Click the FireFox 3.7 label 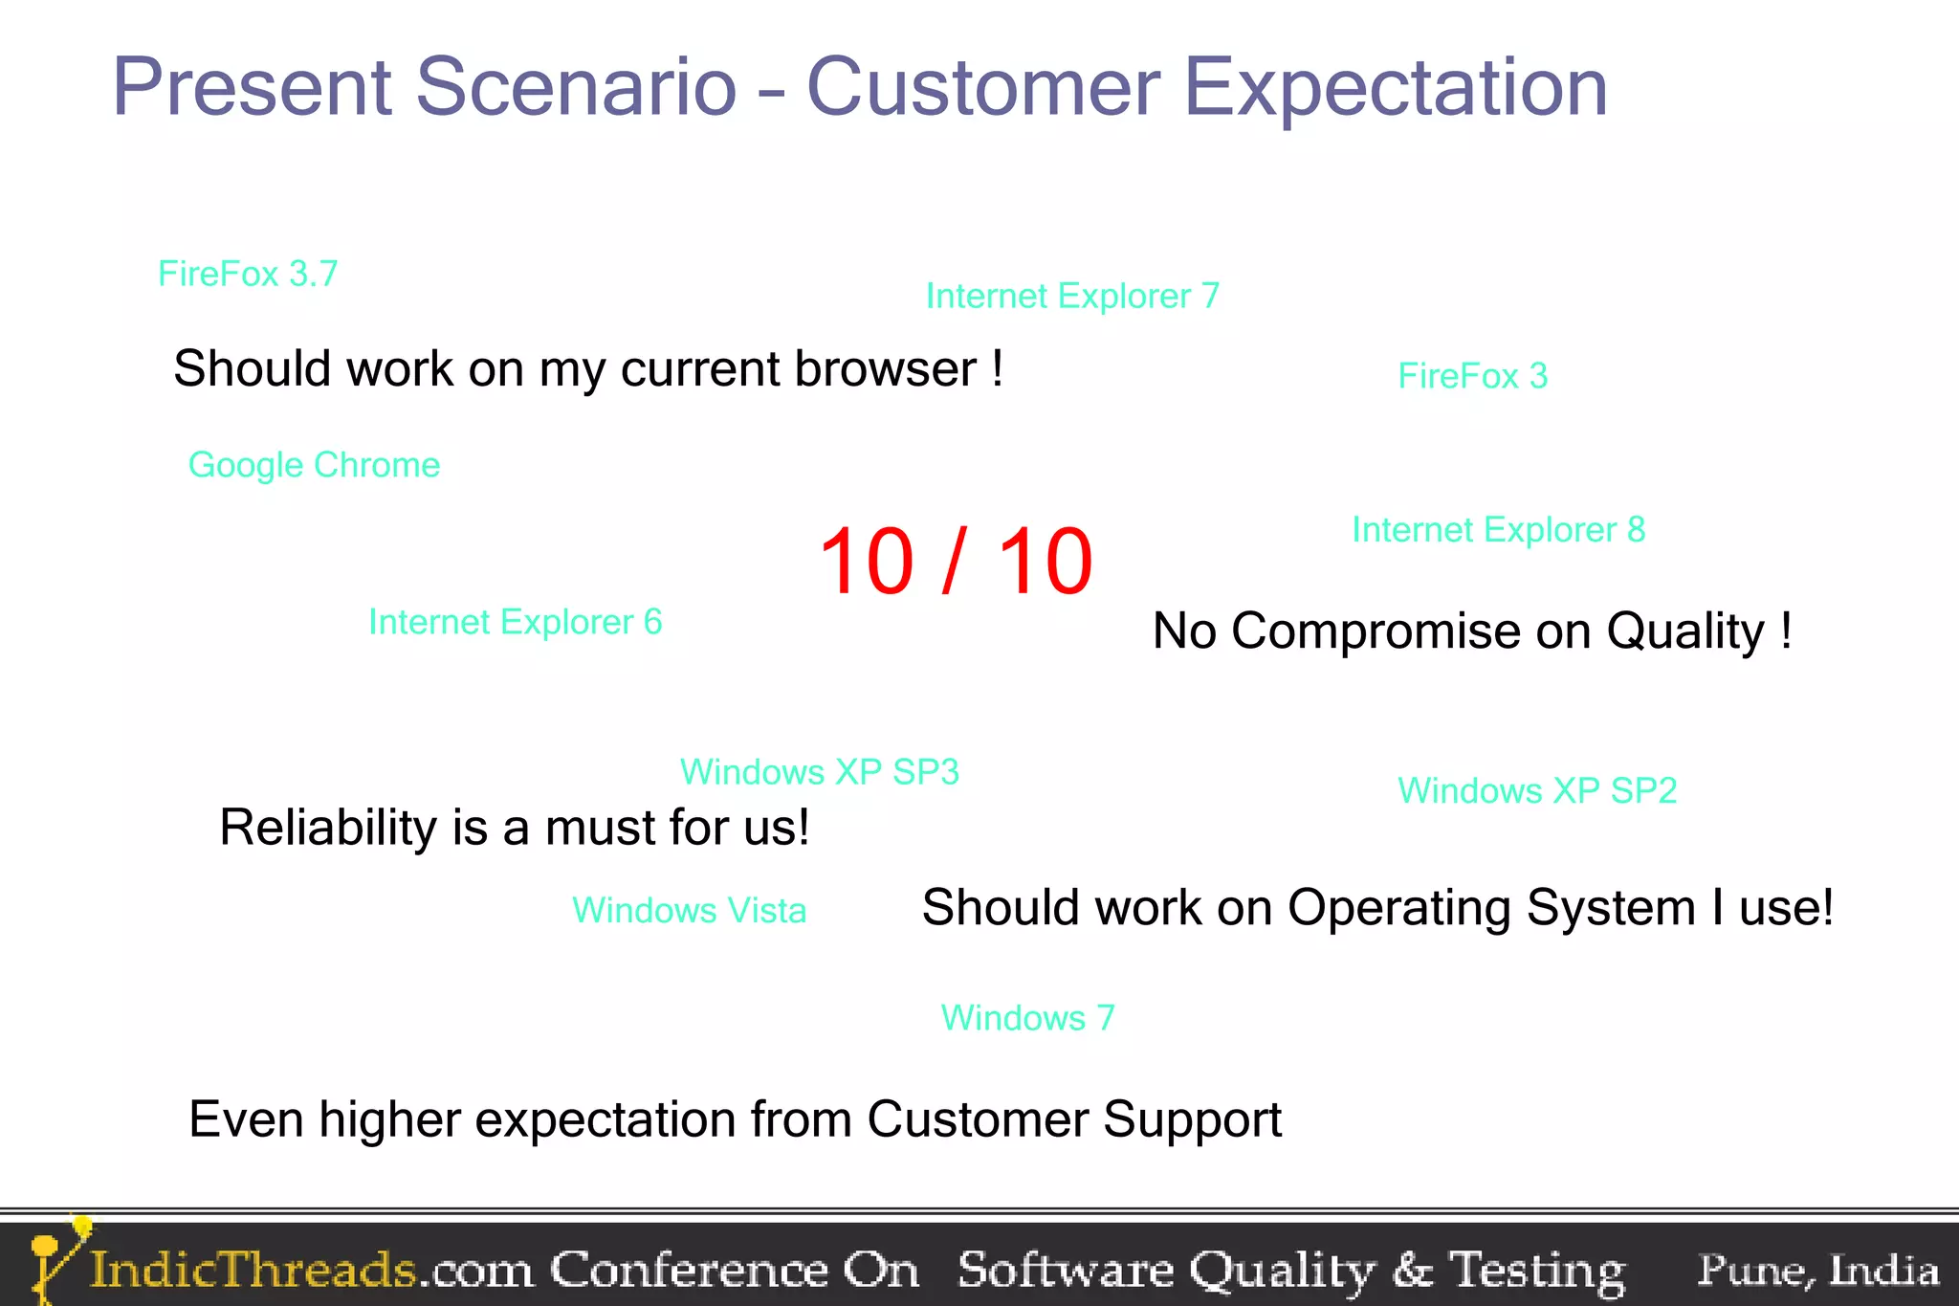pos(248,274)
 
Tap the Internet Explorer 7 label pos(1072,297)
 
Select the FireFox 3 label pos(1472,376)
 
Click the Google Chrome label pos(314,465)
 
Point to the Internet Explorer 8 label pos(1498,529)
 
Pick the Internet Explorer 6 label pos(515,622)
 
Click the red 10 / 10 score pos(956,562)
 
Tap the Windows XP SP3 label pos(819,772)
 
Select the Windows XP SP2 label pos(1537,791)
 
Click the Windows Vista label pos(689,910)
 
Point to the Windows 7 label pos(1027,1017)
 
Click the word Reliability pos(327,828)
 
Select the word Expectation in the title pos(1396,88)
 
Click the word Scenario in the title pos(576,88)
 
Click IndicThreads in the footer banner pos(253,1270)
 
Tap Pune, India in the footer pos(1817,1270)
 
